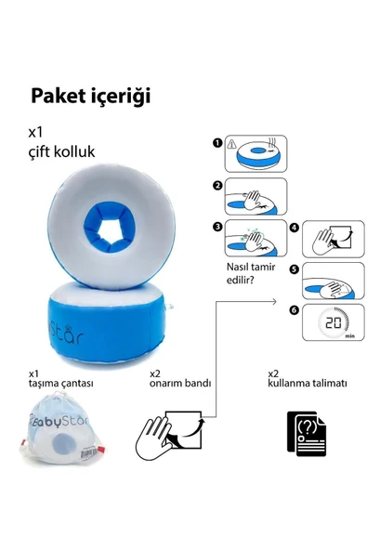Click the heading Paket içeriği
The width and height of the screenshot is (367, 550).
pyautogui.click(x=91, y=97)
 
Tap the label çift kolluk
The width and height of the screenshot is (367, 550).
pyautogui.click(x=61, y=151)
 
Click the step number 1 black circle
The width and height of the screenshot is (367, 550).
pyautogui.click(x=217, y=143)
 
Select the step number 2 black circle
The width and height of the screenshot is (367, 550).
pyautogui.click(x=217, y=186)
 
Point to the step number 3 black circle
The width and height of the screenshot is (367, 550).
pyautogui.click(x=217, y=227)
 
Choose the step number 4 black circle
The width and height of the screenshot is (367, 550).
pyautogui.click(x=294, y=228)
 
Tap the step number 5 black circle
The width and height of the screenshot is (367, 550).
pyautogui.click(x=294, y=269)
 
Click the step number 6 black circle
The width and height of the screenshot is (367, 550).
pyautogui.click(x=294, y=310)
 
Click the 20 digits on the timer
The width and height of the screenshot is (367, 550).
pyautogui.click(x=334, y=322)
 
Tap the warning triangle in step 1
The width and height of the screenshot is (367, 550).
pyautogui.click(x=231, y=143)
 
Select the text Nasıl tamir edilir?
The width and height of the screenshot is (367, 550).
pyautogui.click(x=251, y=273)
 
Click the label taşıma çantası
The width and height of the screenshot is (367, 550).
pyautogui.click(x=60, y=384)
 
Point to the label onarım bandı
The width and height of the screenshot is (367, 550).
pyautogui.click(x=180, y=383)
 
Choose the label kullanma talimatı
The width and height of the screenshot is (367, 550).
pyautogui.click(x=308, y=383)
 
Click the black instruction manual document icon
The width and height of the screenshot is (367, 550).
pyautogui.click(x=307, y=434)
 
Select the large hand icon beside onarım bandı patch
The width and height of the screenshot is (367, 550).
pyautogui.click(x=153, y=439)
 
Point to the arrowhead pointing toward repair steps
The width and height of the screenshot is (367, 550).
pyautogui.click(x=274, y=301)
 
